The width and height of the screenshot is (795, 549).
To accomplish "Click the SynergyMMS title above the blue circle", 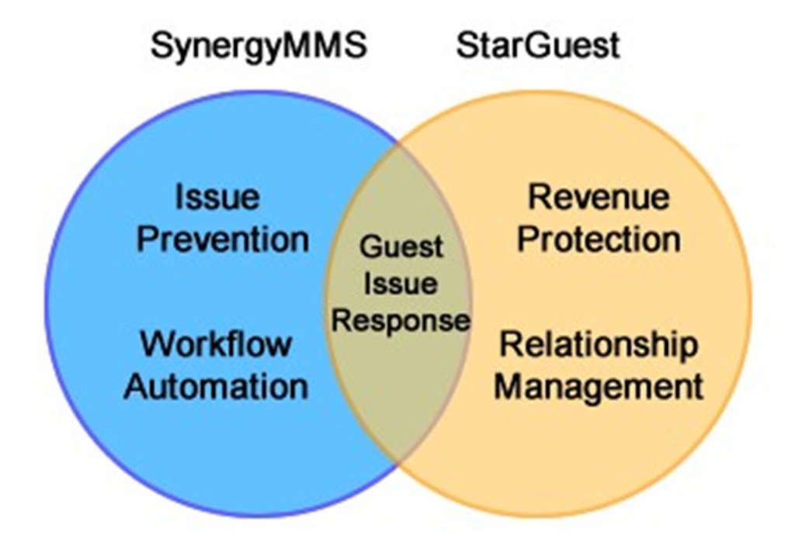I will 258,45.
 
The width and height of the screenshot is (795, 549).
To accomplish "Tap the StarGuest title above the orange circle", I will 538,45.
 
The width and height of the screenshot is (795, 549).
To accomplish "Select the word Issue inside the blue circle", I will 217,197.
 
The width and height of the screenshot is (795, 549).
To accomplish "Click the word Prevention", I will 223,239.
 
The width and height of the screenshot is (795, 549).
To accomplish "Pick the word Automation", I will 216,385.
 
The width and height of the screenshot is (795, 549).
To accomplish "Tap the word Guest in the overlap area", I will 401,248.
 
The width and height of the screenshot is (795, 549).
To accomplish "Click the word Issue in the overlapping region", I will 401,284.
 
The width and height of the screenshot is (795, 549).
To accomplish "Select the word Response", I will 401,319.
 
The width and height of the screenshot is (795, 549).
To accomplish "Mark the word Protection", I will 599,239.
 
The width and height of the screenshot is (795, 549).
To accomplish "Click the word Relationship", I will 598,344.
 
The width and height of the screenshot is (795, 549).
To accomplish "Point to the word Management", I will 599,385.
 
